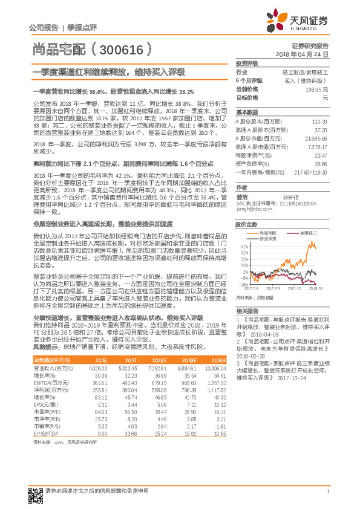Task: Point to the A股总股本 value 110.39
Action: pyautogui.click(x=319, y=122)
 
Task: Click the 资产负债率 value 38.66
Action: pyautogui.click(x=319, y=163)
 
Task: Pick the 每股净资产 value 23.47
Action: pyautogui.click(x=319, y=155)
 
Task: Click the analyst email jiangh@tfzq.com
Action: pyautogui.click(x=252, y=210)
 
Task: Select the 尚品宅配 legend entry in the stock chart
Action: pyautogui.click(x=267, y=232)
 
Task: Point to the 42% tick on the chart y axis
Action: pyautogui.click(x=243, y=247)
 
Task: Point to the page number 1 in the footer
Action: pyautogui.click(x=327, y=490)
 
